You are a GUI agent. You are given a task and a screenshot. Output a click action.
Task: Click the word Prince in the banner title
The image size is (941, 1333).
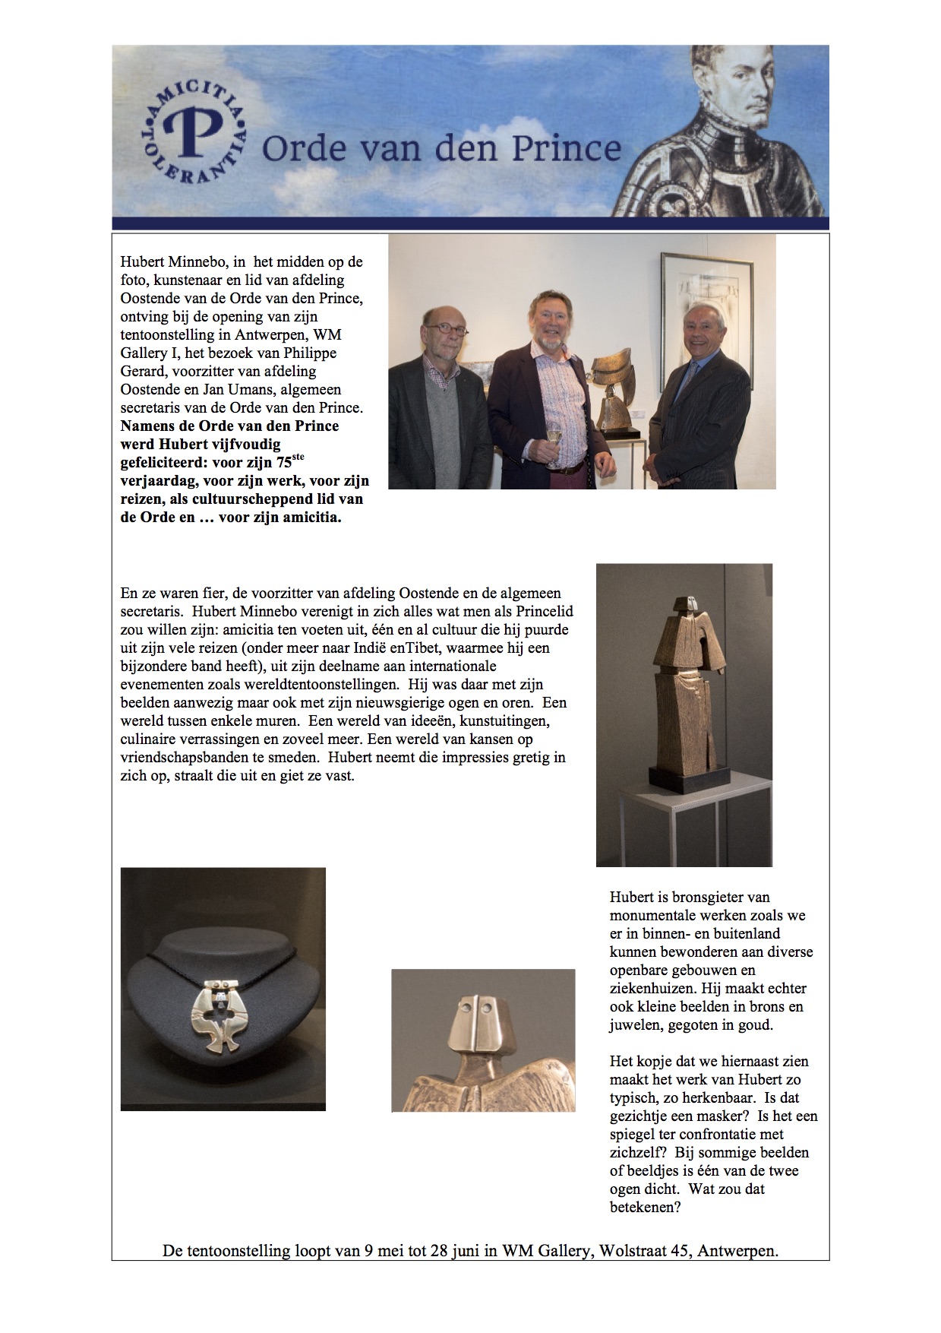click(566, 148)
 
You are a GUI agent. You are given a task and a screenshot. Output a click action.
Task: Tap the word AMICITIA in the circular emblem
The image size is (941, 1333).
click(194, 102)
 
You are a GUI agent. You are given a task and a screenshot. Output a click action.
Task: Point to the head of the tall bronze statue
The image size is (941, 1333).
click(689, 603)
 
